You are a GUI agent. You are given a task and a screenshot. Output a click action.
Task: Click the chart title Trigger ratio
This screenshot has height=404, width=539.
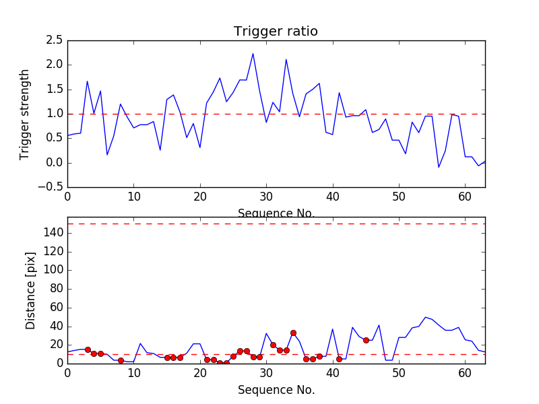point(276,32)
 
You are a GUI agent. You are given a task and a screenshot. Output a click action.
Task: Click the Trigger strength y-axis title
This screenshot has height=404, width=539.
point(25,114)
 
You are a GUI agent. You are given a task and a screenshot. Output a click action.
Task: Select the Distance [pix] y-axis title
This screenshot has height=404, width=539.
point(30,290)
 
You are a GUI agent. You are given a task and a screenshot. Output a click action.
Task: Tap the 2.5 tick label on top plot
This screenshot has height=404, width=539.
point(55,40)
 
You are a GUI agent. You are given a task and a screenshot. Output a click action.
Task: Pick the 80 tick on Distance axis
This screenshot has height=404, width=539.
point(57,289)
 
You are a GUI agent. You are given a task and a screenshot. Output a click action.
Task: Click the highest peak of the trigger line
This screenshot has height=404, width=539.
point(253,54)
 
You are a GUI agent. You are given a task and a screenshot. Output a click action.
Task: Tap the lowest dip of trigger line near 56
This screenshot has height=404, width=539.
point(439,167)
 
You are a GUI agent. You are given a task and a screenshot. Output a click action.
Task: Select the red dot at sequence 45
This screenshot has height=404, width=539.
point(366,340)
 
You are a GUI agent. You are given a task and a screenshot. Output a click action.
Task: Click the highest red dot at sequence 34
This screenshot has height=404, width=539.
point(293,333)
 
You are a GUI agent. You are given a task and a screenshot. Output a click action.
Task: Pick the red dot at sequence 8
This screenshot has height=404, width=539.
point(121,360)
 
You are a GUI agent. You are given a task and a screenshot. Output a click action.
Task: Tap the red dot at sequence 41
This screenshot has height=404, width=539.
point(339,359)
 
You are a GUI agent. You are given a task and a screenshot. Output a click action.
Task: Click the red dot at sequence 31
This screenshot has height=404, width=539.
point(273,345)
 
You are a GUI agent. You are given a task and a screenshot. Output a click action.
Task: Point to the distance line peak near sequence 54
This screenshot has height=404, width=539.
point(425,316)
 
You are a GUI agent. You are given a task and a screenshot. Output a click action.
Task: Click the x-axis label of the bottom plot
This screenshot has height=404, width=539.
point(276,390)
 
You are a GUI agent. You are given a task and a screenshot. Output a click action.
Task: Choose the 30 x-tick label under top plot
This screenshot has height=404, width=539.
point(266,197)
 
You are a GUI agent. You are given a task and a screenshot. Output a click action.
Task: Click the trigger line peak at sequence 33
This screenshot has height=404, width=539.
point(286,59)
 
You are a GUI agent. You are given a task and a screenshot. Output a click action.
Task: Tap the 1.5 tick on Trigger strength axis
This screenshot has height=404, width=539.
point(55,90)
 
